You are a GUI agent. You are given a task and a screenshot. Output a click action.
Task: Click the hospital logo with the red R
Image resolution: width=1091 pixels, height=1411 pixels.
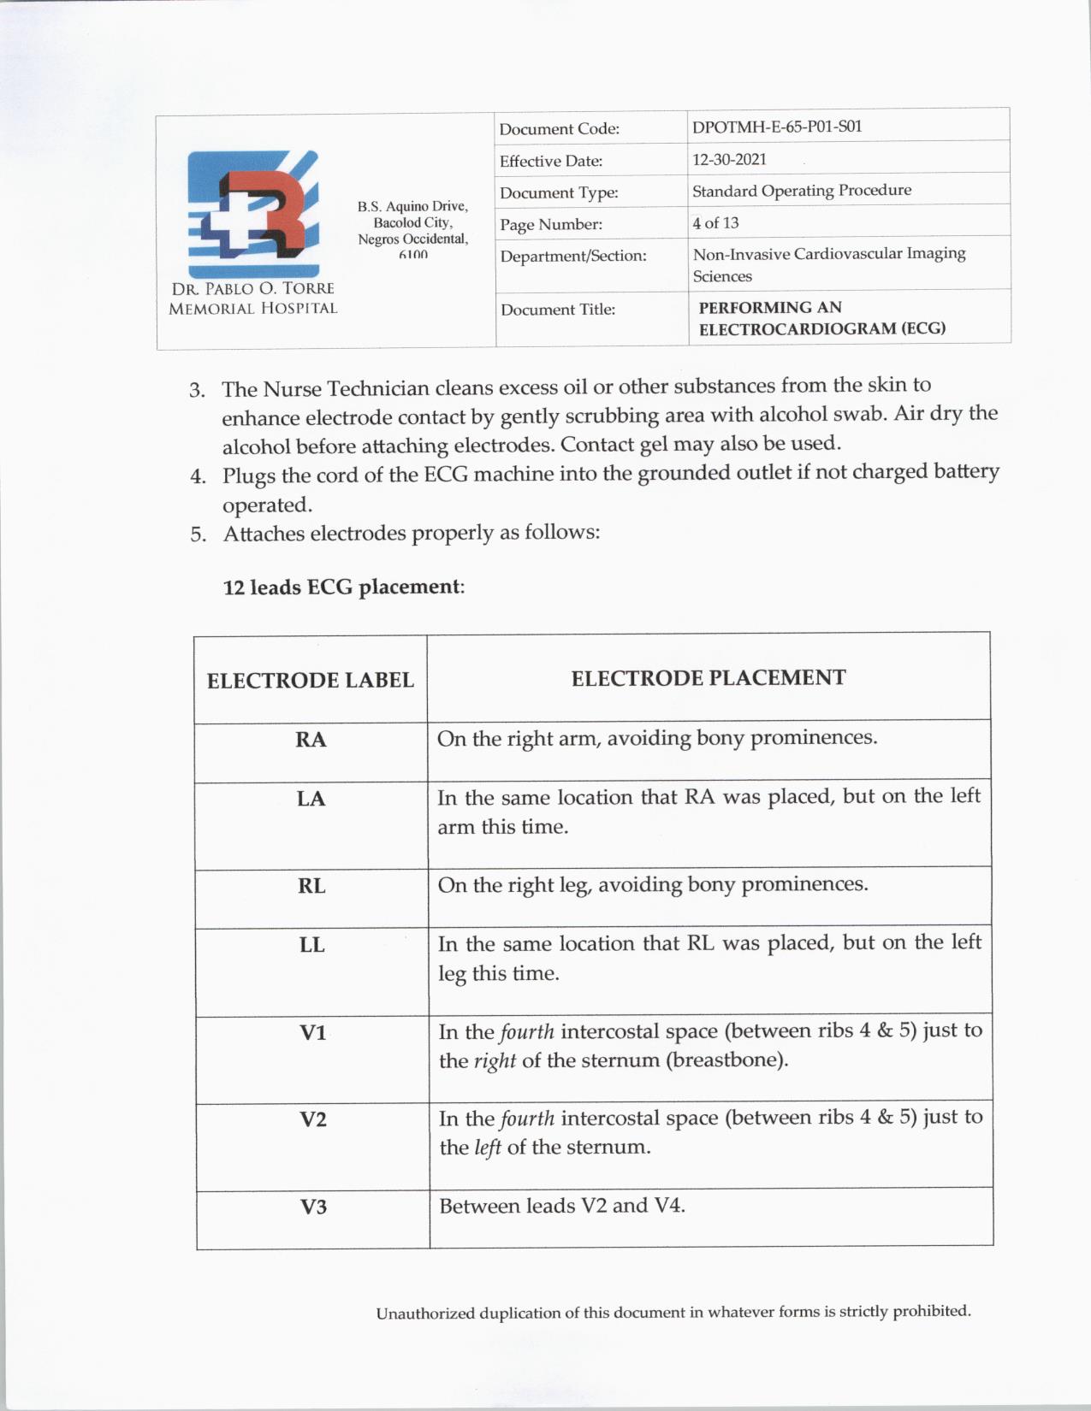click(253, 214)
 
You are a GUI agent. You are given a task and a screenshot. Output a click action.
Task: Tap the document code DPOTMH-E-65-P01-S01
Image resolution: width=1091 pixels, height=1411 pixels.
click(776, 127)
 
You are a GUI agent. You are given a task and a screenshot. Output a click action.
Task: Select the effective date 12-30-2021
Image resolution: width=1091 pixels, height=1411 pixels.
click(729, 159)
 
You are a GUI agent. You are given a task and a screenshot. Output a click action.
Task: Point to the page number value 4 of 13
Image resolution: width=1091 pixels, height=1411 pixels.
click(715, 223)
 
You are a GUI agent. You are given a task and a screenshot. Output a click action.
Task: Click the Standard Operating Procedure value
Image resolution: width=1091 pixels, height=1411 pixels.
click(801, 191)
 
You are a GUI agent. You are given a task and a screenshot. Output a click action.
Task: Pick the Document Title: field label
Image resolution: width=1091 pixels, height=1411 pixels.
click(558, 310)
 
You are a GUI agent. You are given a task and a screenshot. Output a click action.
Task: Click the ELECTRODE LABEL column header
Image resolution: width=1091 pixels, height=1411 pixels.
click(311, 681)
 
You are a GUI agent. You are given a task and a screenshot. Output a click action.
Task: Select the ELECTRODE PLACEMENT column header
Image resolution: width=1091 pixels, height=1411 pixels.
click(709, 678)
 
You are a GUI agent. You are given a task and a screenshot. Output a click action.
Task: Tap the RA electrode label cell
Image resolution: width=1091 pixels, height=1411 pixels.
click(311, 740)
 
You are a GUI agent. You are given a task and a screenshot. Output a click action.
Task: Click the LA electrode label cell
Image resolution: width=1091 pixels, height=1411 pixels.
click(311, 799)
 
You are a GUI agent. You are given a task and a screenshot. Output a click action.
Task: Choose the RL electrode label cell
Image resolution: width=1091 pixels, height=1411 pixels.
click(311, 886)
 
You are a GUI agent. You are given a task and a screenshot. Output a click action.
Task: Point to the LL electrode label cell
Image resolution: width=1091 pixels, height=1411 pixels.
click(311, 945)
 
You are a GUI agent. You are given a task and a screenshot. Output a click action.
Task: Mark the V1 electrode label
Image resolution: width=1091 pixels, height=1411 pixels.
click(313, 1033)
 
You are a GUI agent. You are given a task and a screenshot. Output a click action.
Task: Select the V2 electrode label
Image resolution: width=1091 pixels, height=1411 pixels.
click(313, 1119)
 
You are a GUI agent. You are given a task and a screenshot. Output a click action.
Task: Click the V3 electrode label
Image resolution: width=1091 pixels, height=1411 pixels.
click(313, 1207)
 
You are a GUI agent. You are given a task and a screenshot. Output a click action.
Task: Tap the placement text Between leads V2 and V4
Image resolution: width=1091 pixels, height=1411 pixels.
click(562, 1206)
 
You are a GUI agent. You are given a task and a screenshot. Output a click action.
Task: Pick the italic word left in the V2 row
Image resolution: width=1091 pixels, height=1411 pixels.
click(488, 1148)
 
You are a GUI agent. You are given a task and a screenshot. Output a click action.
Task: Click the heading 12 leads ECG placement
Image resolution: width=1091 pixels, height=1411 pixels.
click(343, 587)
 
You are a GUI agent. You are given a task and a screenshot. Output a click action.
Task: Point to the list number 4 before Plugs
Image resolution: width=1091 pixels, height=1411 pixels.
click(198, 476)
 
